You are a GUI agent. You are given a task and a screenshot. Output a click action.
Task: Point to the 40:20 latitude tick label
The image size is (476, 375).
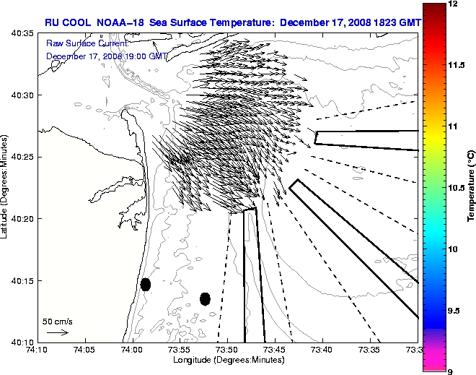click(22, 218)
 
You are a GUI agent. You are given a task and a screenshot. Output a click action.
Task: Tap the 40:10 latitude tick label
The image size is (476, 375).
click(22, 341)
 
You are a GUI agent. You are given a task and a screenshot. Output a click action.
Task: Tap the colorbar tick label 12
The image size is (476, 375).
click(454, 4)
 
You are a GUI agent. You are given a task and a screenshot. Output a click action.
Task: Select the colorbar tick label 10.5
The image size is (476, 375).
click(457, 187)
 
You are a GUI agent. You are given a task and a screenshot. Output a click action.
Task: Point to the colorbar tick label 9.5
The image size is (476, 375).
click(455, 311)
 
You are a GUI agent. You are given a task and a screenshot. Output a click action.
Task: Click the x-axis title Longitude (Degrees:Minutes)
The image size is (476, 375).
click(227, 359)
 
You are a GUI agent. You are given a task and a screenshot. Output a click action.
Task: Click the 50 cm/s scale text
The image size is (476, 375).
click(57, 321)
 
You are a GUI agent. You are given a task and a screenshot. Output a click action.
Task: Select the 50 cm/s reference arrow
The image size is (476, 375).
click(57, 332)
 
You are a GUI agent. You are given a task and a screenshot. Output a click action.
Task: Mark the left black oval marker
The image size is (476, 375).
click(146, 284)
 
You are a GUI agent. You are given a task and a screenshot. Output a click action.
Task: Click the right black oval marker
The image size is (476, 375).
click(205, 298)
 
